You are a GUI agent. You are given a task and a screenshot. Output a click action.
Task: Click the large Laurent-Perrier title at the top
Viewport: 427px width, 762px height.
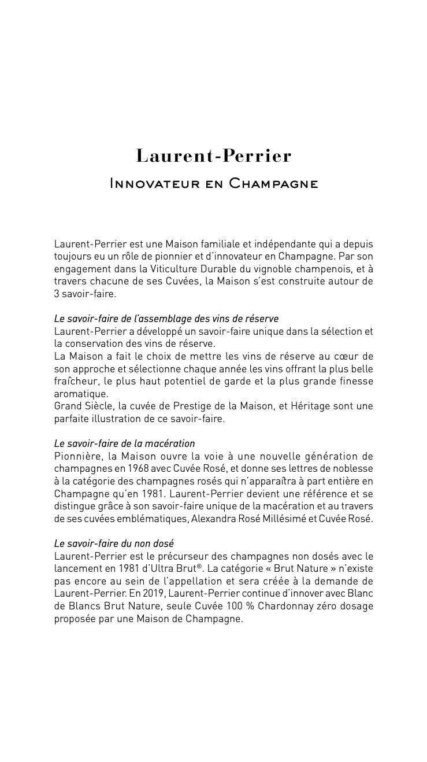(213, 156)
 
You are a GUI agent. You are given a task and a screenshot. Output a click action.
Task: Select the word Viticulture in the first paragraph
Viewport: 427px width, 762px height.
(177, 269)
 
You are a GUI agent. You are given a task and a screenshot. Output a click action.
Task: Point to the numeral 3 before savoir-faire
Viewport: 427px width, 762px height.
(57, 294)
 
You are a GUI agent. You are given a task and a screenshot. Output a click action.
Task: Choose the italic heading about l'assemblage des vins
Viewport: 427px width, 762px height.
(166, 319)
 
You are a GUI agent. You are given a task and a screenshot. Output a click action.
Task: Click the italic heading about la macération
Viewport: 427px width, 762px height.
(124, 443)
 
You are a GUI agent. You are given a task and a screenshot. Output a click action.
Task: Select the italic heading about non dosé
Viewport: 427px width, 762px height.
(114, 543)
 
